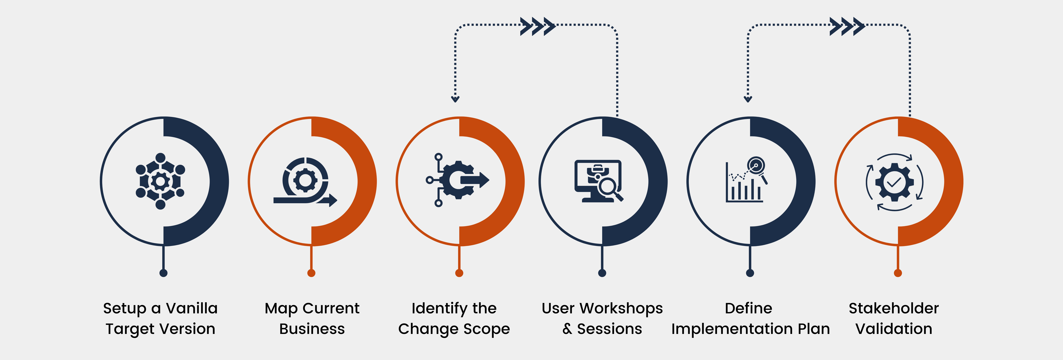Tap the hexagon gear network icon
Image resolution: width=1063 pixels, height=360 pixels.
pos(161,181)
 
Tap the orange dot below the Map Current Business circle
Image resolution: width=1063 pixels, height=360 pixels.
pos(312,273)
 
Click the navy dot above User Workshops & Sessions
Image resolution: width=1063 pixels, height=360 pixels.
pos(602,273)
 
